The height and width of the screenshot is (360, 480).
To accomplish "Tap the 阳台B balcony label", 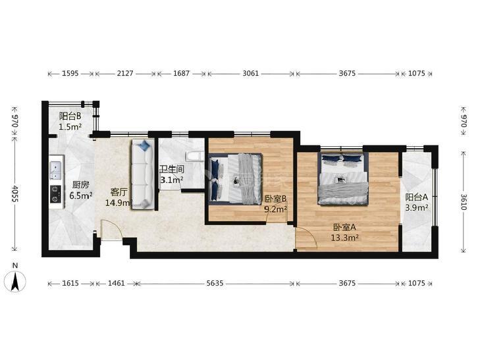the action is coord(70,116).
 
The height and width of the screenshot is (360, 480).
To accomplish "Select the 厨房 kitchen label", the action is coord(81,185).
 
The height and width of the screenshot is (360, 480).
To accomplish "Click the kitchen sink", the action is coord(56,170).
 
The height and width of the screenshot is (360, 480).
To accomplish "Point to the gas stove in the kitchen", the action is coord(56,194).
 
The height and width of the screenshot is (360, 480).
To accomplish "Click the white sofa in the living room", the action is coord(143,174).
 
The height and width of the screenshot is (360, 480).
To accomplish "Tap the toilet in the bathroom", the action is coord(194,156).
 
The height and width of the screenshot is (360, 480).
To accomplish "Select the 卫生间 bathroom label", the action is coord(172,169).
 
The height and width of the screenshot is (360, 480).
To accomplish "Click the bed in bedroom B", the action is coord(236,178).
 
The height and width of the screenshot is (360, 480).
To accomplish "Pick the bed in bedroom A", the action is coord(343,178).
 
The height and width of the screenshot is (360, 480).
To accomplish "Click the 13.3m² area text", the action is coord(345,238).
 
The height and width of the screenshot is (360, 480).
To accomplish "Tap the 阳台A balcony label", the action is coord(416,197).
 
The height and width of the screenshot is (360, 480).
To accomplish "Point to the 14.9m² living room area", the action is coord(119,203).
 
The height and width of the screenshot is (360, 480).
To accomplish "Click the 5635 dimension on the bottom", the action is coord(215,283).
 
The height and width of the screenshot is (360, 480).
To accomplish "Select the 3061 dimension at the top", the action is coord(250,74).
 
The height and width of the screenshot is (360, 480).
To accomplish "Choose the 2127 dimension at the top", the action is coord(125,74).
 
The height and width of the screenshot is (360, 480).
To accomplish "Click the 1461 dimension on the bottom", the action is coord(117,283).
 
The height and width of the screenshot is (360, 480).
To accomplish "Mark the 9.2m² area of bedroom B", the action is coord(275,209).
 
